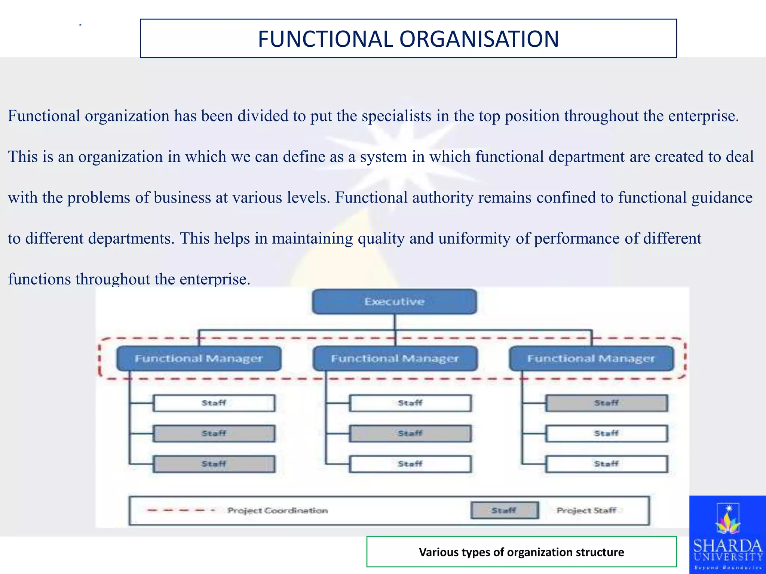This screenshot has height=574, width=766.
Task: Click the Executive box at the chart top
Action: pyautogui.click(x=394, y=302)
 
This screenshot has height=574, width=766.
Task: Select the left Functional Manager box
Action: pyautogui.click(x=199, y=358)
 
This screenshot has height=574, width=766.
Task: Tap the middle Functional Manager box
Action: pyautogui.click(x=395, y=358)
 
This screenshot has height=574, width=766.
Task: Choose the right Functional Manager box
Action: pyautogui.click(x=591, y=358)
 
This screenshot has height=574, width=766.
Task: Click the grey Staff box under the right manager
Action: pyautogui.click(x=606, y=403)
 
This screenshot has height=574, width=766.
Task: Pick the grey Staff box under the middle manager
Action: pyautogui.click(x=410, y=433)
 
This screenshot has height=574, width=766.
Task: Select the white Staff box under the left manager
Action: pyautogui.click(x=214, y=403)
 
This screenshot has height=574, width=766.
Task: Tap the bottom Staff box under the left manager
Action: pyautogui.click(x=214, y=464)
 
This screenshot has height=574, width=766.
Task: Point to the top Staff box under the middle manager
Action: pyautogui.click(x=410, y=403)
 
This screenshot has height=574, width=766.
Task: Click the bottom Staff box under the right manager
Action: pyautogui.click(x=606, y=464)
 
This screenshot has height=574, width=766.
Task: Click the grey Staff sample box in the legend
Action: pyautogui.click(x=504, y=510)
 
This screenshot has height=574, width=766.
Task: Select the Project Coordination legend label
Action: pyautogui.click(x=278, y=510)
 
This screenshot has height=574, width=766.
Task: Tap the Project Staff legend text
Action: pyautogui.click(x=586, y=510)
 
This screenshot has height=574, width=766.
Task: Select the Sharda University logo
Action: pyautogui.click(x=727, y=535)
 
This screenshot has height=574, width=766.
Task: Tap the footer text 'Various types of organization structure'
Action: pyautogui.click(x=521, y=552)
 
